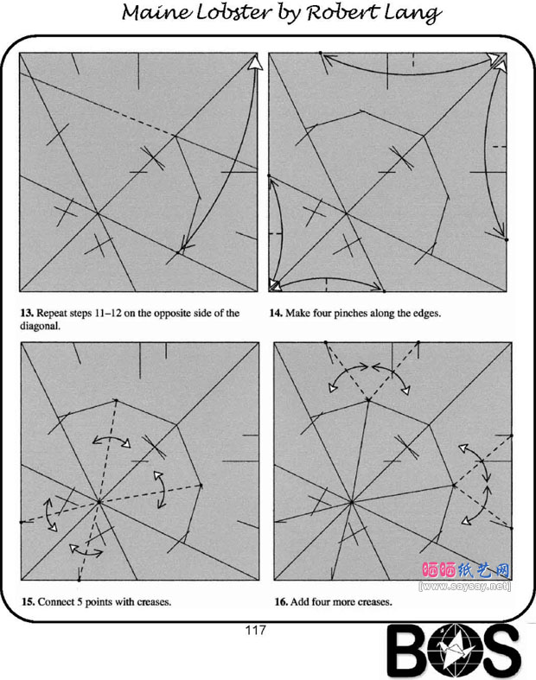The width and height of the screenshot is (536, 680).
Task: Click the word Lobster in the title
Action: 233,12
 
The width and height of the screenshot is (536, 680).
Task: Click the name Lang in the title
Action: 415,14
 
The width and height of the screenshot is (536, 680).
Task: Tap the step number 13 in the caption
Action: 27,313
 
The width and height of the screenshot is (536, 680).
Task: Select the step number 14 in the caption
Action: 275,313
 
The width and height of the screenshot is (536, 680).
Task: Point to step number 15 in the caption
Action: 28,601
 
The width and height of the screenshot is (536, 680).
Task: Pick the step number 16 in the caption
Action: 281,601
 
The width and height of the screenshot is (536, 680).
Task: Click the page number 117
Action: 255,630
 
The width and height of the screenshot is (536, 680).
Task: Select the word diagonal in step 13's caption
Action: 40,326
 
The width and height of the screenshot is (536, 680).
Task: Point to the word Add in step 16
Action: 298,601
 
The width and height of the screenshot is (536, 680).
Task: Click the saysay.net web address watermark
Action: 465,587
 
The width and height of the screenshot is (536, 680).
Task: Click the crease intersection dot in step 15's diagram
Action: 99,502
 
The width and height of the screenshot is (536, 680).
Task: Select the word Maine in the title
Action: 157,12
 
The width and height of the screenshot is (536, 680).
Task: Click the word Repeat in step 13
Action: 51,313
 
